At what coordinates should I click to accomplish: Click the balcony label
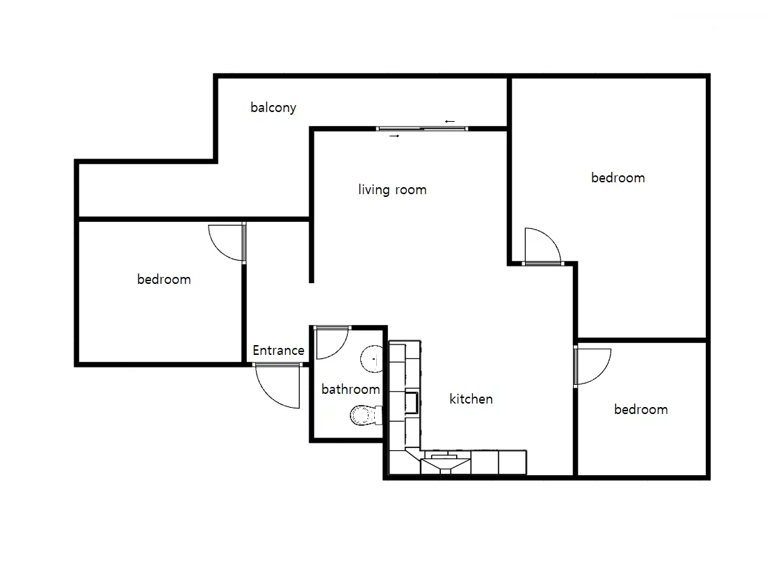[x=273, y=108]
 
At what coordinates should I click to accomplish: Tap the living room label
[x=392, y=190]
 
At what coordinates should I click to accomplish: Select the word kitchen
[x=471, y=399]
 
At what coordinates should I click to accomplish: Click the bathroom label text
[x=350, y=389]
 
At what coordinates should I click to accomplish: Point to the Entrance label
[x=279, y=350]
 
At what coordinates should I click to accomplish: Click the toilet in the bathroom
[x=366, y=415]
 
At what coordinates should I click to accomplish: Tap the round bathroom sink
[x=371, y=358]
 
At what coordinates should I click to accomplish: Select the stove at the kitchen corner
[x=446, y=462]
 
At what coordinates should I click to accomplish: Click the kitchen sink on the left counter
[x=412, y=403]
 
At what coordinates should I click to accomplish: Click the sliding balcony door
[x=422, y=129]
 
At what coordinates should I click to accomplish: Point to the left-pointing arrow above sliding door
[x=450, y=121]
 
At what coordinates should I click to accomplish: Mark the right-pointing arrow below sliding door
[x=394, y=136]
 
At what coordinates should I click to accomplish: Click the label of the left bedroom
[x=164, y=279]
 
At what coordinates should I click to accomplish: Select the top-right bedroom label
[x=617, y=178]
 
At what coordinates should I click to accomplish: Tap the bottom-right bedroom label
[x=640, y=410]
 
